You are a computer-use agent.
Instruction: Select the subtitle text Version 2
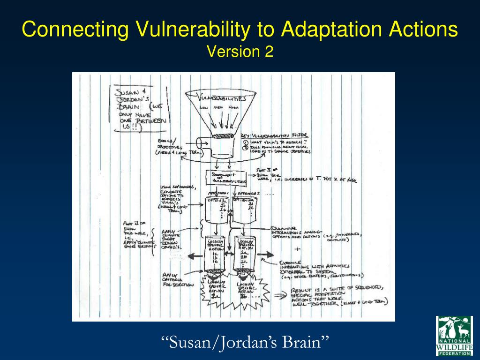[x=240, y=52]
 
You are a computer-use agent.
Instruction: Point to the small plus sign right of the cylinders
[x=297, y=249]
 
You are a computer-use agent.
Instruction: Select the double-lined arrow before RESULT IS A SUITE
[x=280, y=296]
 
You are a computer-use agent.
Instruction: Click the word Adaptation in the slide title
[x=333, y=30]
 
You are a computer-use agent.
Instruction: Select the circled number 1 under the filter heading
[x=245, y=142]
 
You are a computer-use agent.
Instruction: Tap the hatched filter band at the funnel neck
[x=222, y=136]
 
